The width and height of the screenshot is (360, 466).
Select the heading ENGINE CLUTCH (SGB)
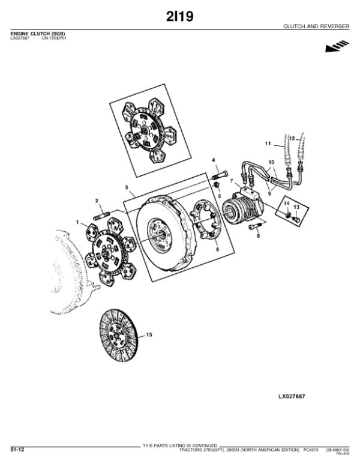pyautogui.click(x=38, y=32)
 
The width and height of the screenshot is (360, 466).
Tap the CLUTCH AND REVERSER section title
pyautogui.click(x=317, y=28)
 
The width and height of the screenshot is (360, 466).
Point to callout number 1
pyautogui.click(x=77, y=223)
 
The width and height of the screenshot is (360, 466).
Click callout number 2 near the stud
pyautogui.click(x=96, y=200)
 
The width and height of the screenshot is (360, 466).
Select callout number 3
pyautogui.click(x=127, y=188)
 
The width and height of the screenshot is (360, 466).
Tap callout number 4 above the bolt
pyautogui.click(x=213, y=159)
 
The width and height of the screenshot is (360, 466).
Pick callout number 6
pyautogui.click(x=217, y=248)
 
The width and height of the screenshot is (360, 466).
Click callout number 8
pyautogui.click(x=259, y=237)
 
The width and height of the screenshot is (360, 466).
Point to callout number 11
pyautogui.click(x=268, y=144)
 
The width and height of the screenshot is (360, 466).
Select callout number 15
pyautogui.click(x=149, y=334)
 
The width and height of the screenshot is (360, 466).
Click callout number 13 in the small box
pyautogui.click(x=296, y=207)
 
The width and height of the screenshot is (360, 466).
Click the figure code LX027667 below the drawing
pyautogui.click(x=292, y=397)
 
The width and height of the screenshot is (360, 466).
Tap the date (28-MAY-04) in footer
pyautogui.click(x=338, y=449)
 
